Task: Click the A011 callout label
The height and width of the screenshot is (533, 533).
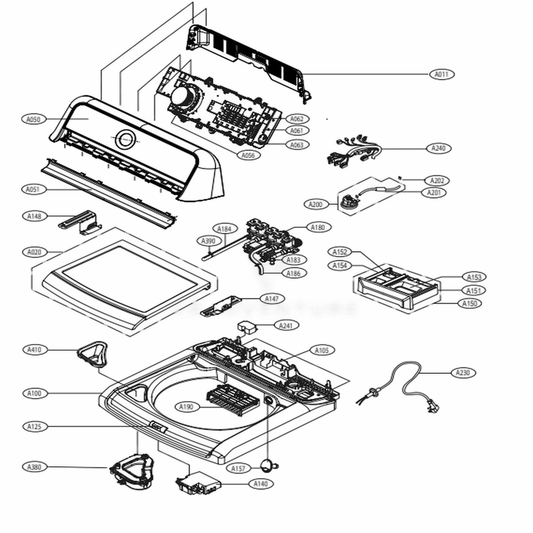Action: [442, 74]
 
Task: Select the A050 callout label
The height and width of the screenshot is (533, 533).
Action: [33, 119]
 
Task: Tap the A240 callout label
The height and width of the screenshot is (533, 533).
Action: [438, 148]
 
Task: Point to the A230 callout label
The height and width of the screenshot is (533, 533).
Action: [462, 373]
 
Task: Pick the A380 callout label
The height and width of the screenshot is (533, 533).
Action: [34, 466]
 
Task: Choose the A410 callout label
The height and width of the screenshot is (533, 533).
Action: [34, 350]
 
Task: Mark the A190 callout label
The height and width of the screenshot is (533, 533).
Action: [186, 407]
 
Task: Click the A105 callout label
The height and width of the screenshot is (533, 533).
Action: [322, 350]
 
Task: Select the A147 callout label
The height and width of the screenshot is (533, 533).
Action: [271, 299]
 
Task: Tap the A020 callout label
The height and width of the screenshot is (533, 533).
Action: [34, 252]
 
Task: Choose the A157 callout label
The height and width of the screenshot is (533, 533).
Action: [238, 468]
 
